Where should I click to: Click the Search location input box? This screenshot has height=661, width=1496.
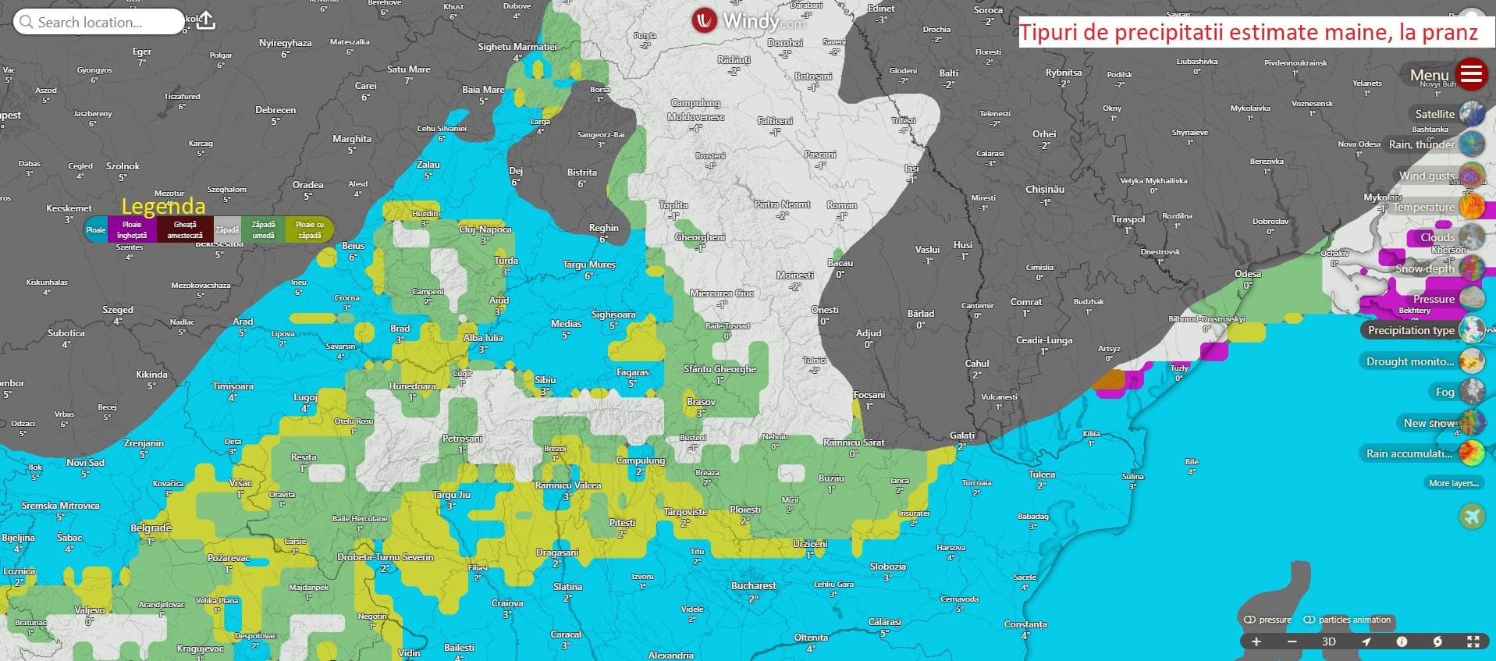[x=98, y=22]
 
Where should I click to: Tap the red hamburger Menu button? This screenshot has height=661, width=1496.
[x=1471, y=75]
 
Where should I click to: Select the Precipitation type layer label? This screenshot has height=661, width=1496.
[x=1411, y=330]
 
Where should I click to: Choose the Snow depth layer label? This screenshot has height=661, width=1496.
[x=1425, y=268]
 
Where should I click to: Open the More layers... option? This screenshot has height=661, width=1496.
[x=1454, y=483]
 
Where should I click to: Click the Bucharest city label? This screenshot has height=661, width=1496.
[x=753, y=585]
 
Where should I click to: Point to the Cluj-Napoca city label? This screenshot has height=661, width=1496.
[x=485, y=229]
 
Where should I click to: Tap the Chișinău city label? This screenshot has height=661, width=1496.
[x=1044, y=189]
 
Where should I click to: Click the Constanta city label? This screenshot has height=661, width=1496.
[x=1025, y=624]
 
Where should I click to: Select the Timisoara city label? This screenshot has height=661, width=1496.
[x=233, y=386]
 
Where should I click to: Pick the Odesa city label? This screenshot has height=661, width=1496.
[x=1248, y=274]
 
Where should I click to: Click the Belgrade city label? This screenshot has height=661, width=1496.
[x=151, y=528]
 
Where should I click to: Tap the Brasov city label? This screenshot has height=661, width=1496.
[x=701, y=402]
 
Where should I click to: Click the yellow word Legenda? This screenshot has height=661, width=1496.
[x=163, y=206]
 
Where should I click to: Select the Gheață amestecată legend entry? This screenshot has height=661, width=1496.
[x=185, y=229]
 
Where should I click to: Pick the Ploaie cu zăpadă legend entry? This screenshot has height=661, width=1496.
[x=309, y=229]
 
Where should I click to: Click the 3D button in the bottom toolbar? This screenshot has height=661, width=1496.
[x=1328, y=641]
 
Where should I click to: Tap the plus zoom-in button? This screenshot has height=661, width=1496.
[x=1256, y=641]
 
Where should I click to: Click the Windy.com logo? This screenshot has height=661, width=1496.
[x=748, y=21]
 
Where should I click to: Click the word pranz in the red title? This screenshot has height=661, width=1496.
[x=1450, y=33]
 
